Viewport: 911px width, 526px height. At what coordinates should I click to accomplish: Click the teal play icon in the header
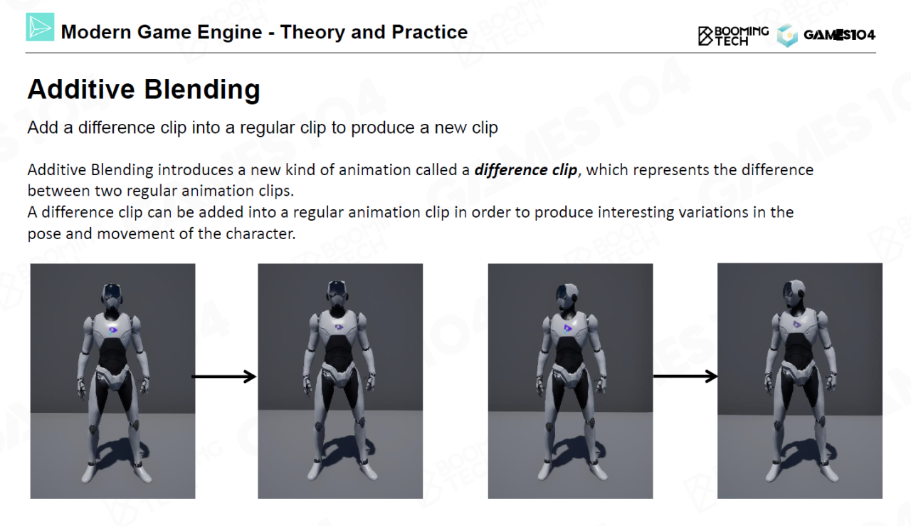pos(40,27)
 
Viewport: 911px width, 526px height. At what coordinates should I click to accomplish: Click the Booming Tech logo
pos(733,36)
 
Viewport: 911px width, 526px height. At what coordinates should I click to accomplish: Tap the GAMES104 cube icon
pos(787,36)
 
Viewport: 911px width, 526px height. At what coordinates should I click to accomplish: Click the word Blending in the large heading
pos(202,90)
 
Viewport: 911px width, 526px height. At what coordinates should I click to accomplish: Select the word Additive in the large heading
pos(81,89)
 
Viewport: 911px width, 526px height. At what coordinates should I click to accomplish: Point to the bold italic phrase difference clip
pos(525,169)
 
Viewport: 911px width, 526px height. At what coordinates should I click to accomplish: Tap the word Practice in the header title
pos(429,32)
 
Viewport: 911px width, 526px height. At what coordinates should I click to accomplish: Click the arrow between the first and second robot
pos(223,377)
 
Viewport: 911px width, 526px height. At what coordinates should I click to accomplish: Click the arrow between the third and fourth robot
pos(685,377)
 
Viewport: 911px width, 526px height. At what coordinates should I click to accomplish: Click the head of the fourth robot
pos(794,294)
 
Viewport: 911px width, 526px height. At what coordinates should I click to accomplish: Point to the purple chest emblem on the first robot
pos(113,330)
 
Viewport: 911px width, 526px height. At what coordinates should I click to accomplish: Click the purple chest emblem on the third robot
pos(568,329)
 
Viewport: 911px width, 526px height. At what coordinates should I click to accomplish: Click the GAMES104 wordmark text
pos(839,36)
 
